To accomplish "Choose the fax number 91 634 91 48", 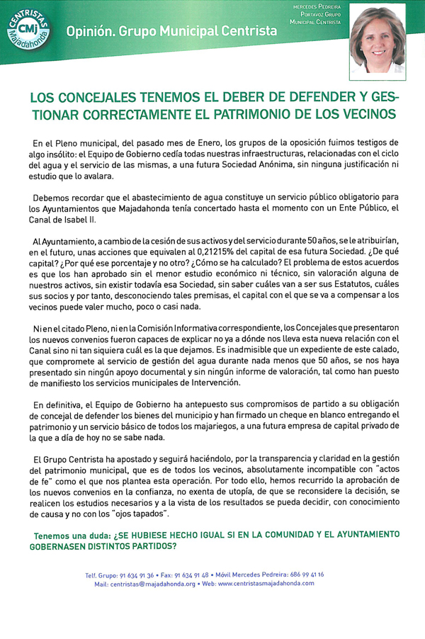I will (x=210, y=575).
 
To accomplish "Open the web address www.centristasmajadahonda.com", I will (x=266, y=584).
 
